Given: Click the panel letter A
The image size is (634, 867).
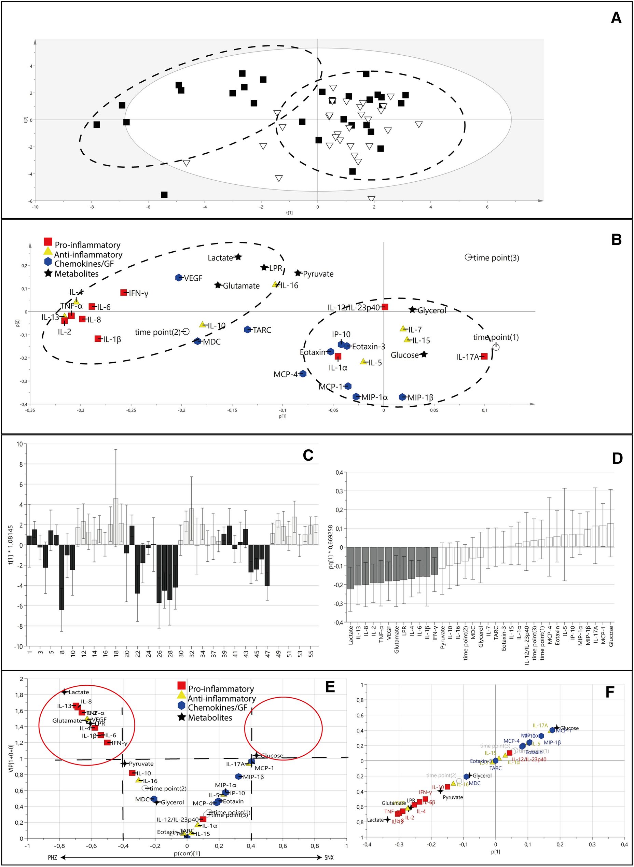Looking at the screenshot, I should coord(616,18).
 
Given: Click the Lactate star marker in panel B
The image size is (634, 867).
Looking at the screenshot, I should coord(238,257).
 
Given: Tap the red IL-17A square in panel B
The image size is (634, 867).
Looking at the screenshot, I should coord(484,356).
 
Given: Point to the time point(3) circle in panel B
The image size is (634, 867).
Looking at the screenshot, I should coord(468,257).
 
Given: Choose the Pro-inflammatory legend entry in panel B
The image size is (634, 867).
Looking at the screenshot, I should coord(87,245).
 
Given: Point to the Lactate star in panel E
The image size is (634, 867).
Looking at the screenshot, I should coord(65,692).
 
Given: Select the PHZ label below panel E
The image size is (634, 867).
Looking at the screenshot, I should coord(52,857).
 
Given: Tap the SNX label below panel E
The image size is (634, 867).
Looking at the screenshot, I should coord(329,857).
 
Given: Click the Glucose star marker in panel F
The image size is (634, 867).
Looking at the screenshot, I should coord(557,728).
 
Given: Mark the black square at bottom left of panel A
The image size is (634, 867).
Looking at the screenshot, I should coord(164,195).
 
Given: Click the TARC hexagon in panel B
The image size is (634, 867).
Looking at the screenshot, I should coord(248,330).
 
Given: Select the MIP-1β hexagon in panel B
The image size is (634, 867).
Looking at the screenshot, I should coord(402,397).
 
